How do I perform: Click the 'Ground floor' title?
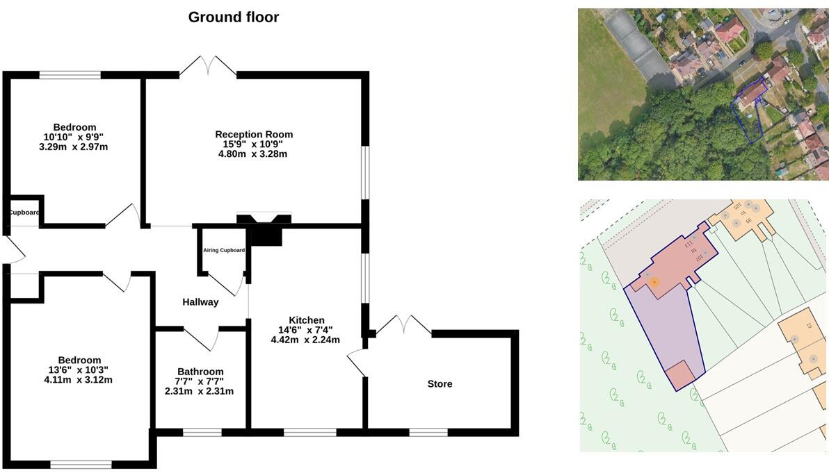(x=233, y=17)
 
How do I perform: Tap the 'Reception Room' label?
(x=254, y=134)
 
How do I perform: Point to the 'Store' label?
(x=440, y=384)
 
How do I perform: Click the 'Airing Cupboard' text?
(x=224, y=250)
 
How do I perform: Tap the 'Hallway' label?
(x=200, y=302)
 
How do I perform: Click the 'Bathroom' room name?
(x=200, y=372)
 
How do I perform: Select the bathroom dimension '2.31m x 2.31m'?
(x=199, y=391)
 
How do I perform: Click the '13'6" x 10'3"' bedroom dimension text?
(x=79, y=370)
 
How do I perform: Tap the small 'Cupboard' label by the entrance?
(x=24, y=213)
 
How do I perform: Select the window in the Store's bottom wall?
(x=428, y=432)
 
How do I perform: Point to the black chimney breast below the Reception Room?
(x=264, y=232)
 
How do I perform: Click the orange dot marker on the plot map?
(x=654, y=282)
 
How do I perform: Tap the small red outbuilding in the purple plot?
(x=679, y=376)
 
